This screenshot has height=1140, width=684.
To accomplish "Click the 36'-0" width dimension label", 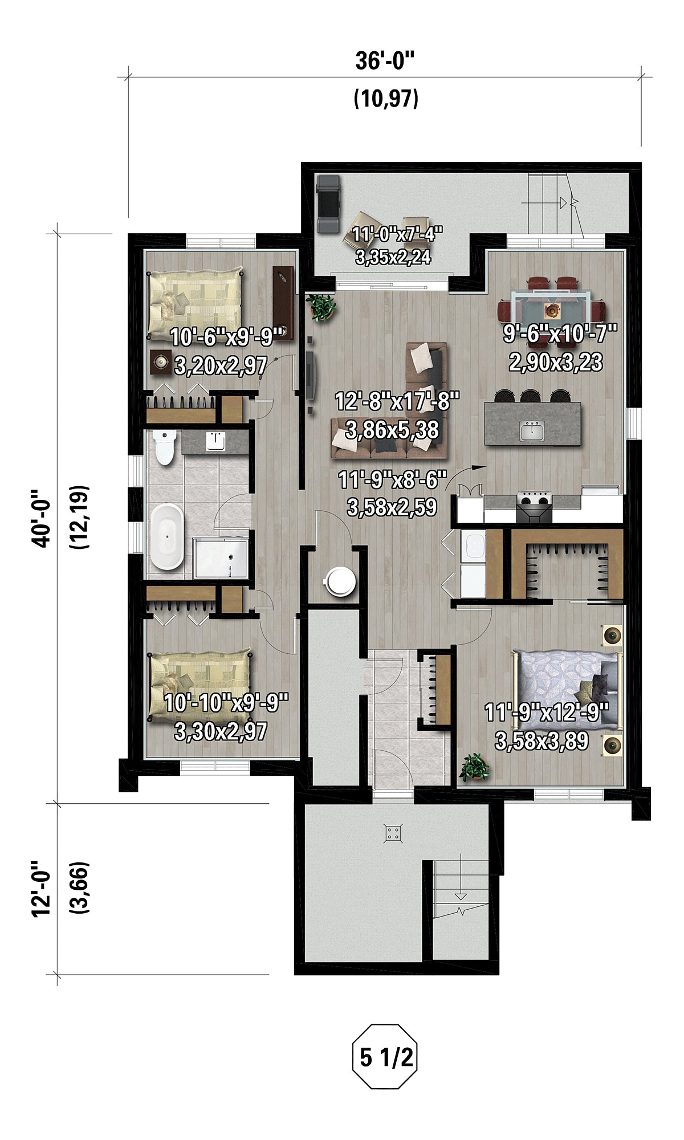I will (385, 60).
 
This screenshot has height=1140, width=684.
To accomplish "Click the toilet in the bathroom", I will (164, 447).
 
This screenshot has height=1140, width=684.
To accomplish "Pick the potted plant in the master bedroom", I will (474, 767).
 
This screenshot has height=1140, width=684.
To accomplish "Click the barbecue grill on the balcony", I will (328, 203).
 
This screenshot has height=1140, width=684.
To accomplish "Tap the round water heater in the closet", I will (341, 581).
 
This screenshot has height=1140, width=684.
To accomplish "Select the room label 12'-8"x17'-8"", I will (397, 401).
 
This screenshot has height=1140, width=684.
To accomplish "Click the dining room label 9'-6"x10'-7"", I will (560, 333).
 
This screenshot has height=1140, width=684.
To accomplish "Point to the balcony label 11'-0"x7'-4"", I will (397, 234).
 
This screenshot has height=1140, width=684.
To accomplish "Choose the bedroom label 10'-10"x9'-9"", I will (226, 703).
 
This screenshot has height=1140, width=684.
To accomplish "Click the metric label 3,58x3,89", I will (541, 741).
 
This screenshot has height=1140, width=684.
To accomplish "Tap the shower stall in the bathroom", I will (221, 558).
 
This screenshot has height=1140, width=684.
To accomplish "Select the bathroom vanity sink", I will (215, 441).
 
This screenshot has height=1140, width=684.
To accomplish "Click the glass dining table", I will (551, 308).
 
